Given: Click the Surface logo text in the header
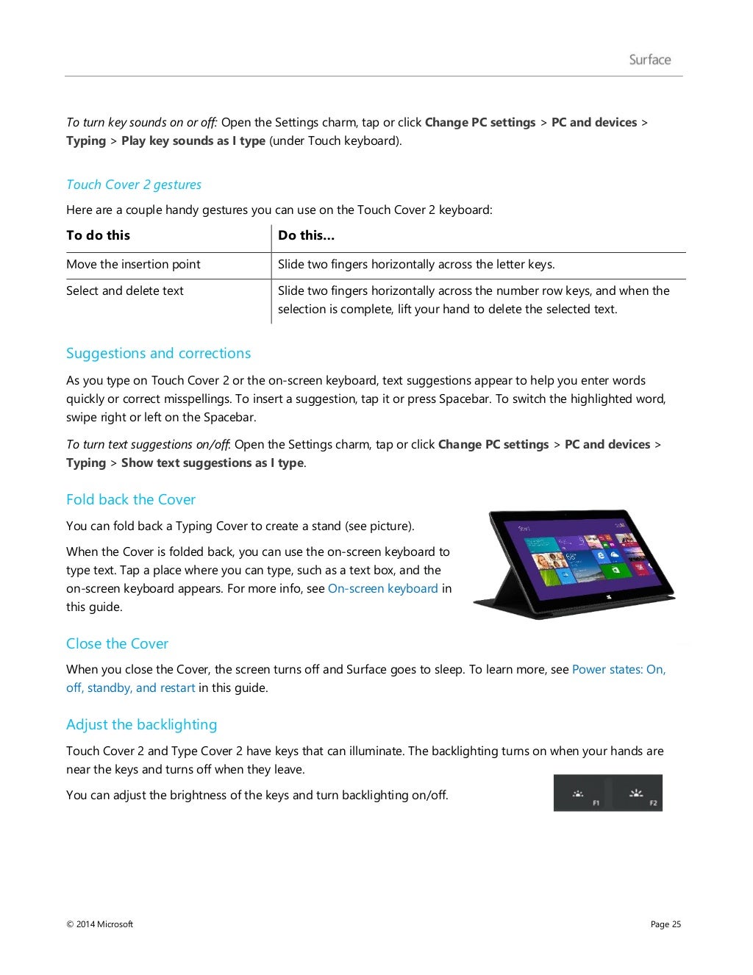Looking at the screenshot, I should click(649, 60).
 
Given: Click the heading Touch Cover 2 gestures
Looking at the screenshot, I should click(133, 185).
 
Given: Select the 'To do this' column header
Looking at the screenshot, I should click(98, 235).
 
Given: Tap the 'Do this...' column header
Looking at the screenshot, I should click(306, 235).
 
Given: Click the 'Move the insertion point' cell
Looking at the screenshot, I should click(133, 265).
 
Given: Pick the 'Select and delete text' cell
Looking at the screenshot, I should click(125, 291).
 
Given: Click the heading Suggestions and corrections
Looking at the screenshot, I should click(158, 354).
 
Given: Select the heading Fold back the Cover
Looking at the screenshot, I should click(130, 500).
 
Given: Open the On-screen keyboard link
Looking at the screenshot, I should click(382, 589).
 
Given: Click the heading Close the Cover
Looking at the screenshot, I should click(117, 644).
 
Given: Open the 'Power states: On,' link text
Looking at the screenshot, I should click(618, 670).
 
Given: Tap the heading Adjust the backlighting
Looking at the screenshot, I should click(141, 725).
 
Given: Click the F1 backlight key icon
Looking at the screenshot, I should click(579, 793).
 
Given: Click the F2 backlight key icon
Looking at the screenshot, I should click(636, 793).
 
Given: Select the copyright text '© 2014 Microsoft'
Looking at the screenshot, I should click(99, 924).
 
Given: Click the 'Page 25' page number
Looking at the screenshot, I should click(665, 924).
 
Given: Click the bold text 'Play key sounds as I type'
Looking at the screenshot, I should click(193, 141).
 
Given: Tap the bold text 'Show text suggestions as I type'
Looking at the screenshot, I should click(213, 463).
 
